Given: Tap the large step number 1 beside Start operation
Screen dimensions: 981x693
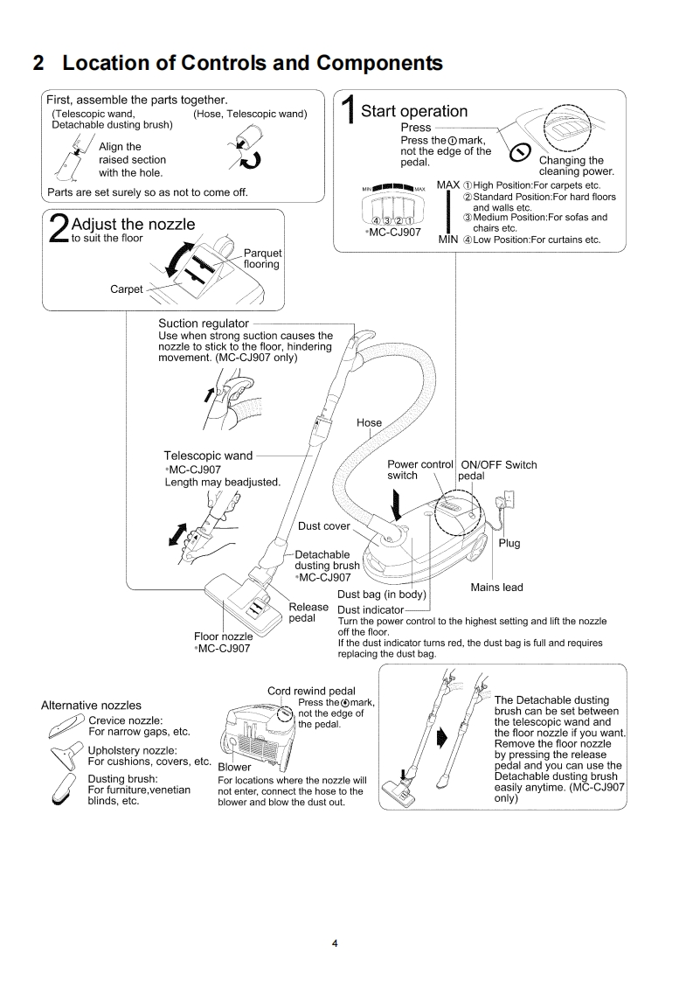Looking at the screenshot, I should pos(348,115).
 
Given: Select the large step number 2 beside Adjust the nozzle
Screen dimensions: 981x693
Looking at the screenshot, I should pos(58,228).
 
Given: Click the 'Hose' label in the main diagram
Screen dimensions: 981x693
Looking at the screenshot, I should pos(369,423).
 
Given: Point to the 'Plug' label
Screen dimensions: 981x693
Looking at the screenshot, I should pos(509,543).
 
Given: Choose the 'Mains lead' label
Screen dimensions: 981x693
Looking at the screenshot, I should pos(496,588).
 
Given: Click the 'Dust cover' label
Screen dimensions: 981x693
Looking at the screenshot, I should pos(323,526).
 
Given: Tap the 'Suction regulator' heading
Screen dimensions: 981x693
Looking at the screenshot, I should pos(204,324).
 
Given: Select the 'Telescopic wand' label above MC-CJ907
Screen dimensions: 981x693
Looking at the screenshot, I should pos(208,456).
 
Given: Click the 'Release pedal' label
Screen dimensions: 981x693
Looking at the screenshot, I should pos(308,613).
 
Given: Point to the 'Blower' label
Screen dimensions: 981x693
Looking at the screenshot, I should pos(234,767).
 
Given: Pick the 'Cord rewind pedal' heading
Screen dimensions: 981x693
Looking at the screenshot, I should pos(311,692).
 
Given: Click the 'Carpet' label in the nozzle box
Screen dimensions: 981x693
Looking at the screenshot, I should pos(126,289).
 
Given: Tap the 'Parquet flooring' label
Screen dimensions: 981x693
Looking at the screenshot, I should pos(262,259).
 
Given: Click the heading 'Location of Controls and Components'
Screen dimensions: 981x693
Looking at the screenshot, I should pos(237,64).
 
